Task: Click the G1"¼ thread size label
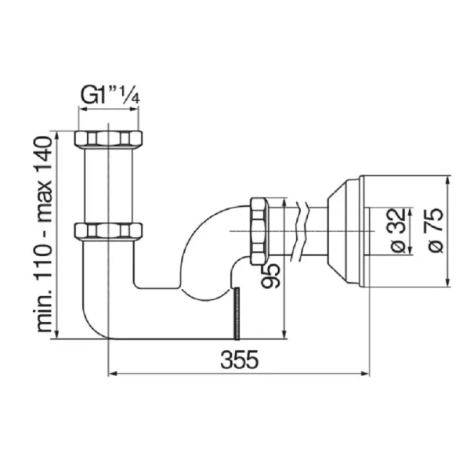pos(110,96)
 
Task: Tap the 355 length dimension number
pos(239,360)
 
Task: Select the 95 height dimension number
pos(270,276)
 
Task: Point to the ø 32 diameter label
pos(399,230)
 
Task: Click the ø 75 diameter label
pos(436,230)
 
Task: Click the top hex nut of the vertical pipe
pos(108,139)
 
